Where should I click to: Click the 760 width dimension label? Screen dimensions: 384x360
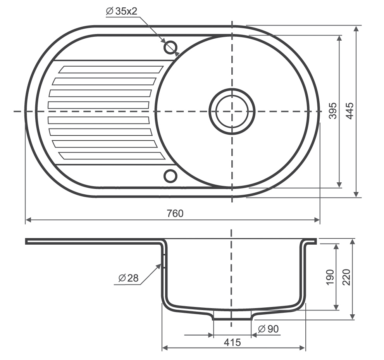(x=175, y=213)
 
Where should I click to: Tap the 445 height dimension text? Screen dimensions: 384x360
(x=350, y=111)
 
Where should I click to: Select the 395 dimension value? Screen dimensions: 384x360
(x=333, y=111)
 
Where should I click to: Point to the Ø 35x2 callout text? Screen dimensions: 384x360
(x=122, y=11)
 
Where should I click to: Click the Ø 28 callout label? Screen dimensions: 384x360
(x=128, y=278)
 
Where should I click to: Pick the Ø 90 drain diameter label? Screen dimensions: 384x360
(x=269, y=329)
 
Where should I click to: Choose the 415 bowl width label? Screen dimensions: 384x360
(x=232, y=342)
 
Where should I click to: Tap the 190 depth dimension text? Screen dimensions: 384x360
(x=331, y=277)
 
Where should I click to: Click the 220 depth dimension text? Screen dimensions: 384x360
(x=347, y=277)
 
